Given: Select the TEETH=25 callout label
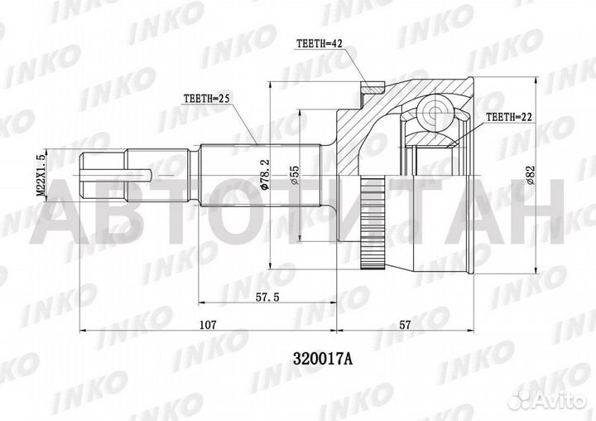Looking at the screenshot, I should coord(206,99).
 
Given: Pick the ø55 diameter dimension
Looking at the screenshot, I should coord(294,174).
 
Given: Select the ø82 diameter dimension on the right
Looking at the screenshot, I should coord(531,174).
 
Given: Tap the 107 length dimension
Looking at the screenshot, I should coord(207,326).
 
